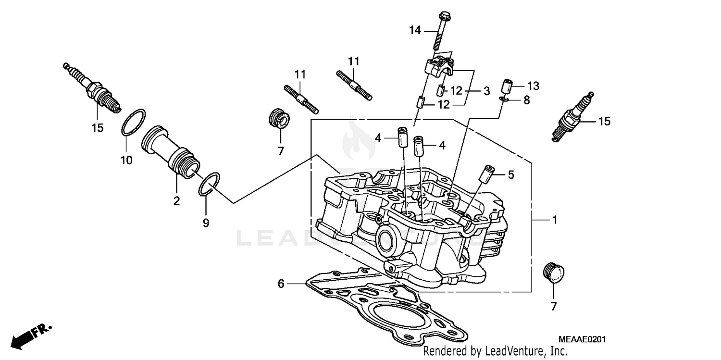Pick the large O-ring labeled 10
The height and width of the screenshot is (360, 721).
[133, 123]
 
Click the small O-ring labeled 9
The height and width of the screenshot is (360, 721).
[210, 184]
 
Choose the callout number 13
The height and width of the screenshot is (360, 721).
[533, 86]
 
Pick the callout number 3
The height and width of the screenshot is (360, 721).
[486, 90]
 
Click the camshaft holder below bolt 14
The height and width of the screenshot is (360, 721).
[440, 67]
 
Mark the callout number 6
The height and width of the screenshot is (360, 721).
[281, 284]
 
